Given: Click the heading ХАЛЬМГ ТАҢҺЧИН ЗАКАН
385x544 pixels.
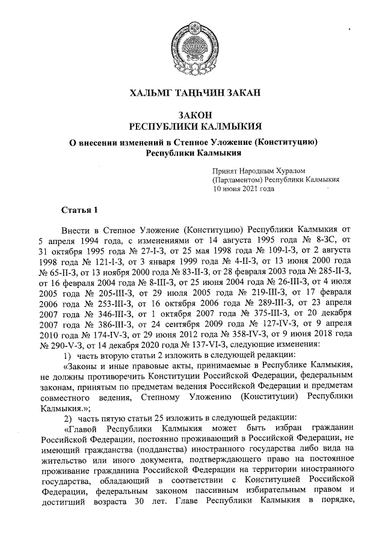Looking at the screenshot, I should tap(192, 92).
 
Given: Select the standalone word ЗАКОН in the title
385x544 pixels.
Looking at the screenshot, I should tap(192, 115).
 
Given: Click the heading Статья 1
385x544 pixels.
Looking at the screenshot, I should tap(78, 210).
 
